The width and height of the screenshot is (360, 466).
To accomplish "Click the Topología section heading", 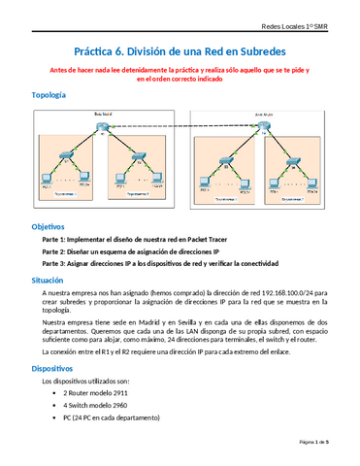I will [49, 95].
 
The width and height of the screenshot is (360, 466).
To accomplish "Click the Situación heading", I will [48, 278].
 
